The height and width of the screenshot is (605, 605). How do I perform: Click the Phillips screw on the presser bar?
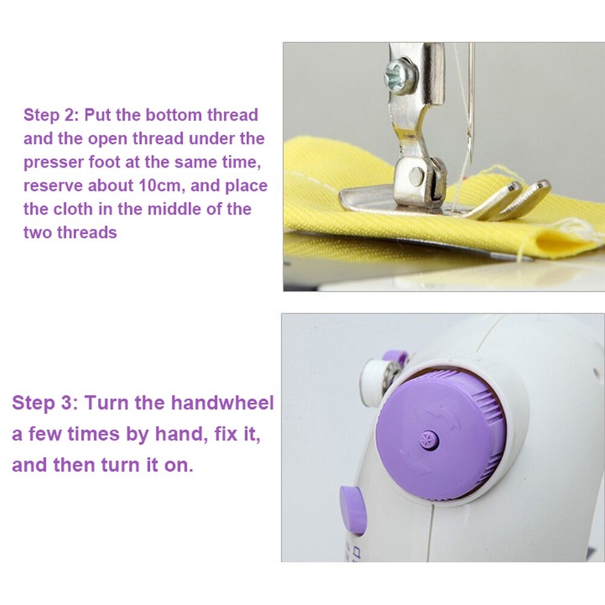tap(401, 76)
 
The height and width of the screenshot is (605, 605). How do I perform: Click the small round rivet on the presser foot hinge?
tap(416, 176)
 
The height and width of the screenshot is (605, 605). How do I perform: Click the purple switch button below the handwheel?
tap(353, 509)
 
